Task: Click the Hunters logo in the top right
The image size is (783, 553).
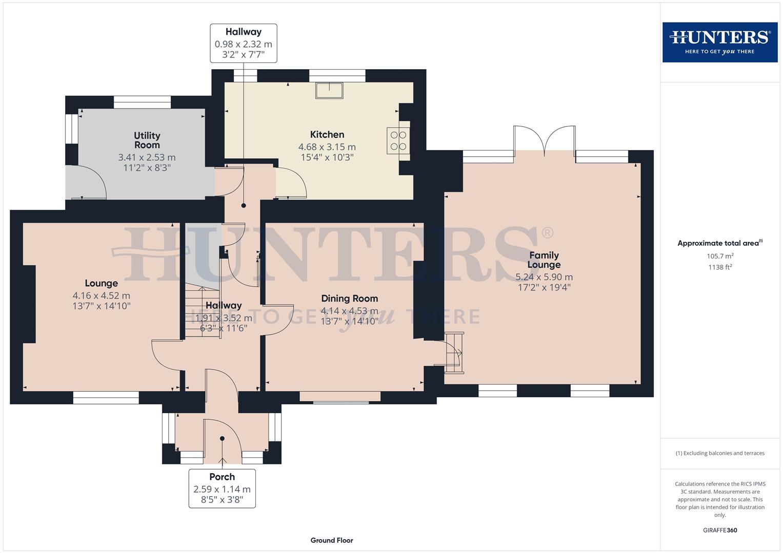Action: point(719,42)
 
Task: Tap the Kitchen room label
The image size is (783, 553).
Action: point(327,135)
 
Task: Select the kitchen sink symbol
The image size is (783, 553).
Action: point(329,90)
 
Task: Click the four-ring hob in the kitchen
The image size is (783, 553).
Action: point(398,141)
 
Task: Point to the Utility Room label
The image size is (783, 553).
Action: point(147,140)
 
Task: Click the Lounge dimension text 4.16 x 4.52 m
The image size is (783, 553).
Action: point(102,295)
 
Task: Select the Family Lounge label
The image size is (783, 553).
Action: point(544,260)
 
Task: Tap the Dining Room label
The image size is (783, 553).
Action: point(349,299)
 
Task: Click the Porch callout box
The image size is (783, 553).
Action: point(222,488)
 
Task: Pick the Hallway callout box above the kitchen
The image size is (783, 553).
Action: point(244,43)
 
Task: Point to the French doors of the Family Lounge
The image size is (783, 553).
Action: point(544,139)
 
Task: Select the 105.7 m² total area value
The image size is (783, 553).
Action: point(720,256)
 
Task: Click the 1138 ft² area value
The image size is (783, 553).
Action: point(720,267)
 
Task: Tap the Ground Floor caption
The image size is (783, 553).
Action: point(332,540)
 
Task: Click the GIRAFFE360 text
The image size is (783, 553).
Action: point(720,530)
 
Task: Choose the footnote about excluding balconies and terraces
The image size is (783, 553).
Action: point(720,453)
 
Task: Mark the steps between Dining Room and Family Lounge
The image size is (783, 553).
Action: point(453,352)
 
